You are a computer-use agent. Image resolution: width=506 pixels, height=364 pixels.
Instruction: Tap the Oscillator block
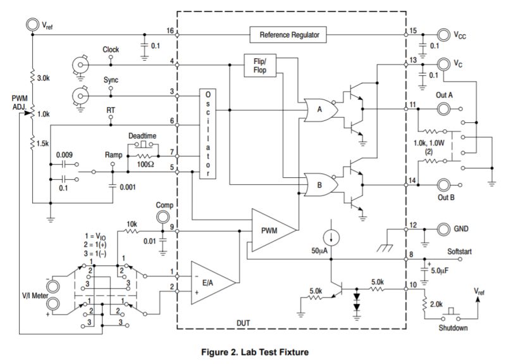pyautogui.click(x=207, y=134)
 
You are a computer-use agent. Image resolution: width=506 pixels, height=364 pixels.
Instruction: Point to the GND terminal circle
pyautogui.click(x=443, y=227)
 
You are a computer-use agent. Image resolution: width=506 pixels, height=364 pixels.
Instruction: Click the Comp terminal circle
pyautogui.click(x=164, y=217)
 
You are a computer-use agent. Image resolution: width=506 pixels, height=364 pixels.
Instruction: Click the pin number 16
pyautogui.click(x=170, y=30)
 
